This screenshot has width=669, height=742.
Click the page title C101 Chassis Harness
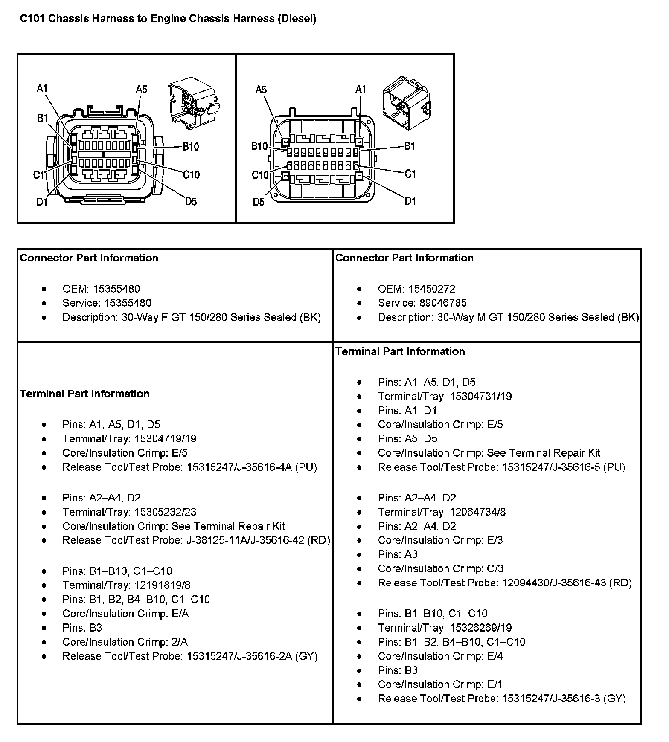point(168,19)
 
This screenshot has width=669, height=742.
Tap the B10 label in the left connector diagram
point(191,147)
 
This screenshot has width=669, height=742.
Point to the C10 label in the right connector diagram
point(260,175)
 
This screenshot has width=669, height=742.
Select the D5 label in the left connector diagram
point(191,202)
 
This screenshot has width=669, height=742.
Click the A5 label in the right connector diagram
point(261,90)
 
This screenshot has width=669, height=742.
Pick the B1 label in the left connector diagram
point(42,118)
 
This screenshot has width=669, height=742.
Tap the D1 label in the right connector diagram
point(410,201)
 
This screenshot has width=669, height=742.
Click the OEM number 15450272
point(432,289)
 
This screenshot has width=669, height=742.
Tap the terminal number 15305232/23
point(165,512)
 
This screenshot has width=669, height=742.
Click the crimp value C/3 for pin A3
point(495,568)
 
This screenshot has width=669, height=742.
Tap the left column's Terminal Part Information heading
point(84,394)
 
